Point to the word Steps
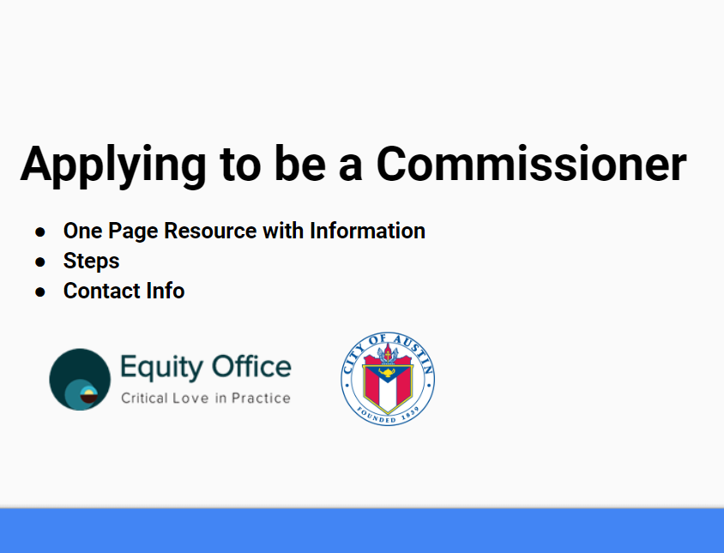click(91, 261)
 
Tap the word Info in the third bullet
click(164, 291)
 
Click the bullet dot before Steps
click(40, 261)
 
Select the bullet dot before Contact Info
click(40, 292)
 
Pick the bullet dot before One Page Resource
click(40, 231)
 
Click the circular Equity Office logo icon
click(80, 379)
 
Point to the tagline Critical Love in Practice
click(205, 398)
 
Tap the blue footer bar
click(362, 532)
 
